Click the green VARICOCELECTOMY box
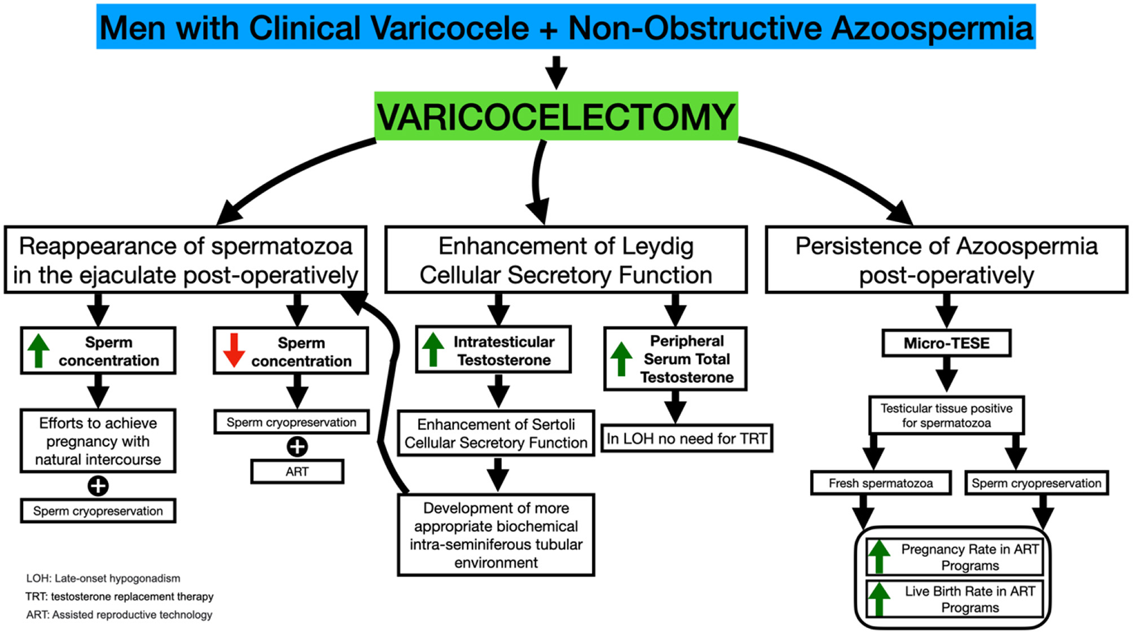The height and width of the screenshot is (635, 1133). pyautogui.click(x=556, y=116)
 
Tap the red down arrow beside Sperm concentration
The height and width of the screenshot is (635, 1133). pyautogui.click(x=233, y=350)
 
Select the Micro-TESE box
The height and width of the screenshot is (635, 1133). pyautogui.click(x=946, y=343)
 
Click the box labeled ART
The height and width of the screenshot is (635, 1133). pyautogui.click(x=297, y=472)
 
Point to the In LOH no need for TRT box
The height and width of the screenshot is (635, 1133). pyautogui.click(x=687, y=439)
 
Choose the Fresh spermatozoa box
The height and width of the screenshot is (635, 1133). pyautogui.click(x=880, y=483)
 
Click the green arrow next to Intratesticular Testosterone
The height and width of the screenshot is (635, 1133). pyautogui.click(x=433, y=349)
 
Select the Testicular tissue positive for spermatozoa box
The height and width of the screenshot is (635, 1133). pyautogui.click(x=946, y=416)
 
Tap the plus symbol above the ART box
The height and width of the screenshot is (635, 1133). pyautogui.click(x=297, y=446)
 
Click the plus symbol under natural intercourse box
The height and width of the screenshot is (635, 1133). pyautogui.click(x=98, y=486)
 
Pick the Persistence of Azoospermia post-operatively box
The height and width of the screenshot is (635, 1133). pyautogui.click(x=946, y=260)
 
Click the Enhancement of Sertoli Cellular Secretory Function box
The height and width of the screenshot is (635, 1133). pyautogui.click(x=496, y=434)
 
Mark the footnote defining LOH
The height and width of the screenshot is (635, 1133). pyautogui.click(x=103, y=578)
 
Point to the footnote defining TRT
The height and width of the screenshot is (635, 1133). pyautogui.click(x=120, y=597)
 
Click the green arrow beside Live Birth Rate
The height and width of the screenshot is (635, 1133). pyautogui.click(x=879, y=599)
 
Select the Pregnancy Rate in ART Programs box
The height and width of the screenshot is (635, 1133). pyautogui.click(x=954, y=557)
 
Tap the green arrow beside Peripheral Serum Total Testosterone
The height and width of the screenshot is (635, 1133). pyautogui.click(x=621, y=359)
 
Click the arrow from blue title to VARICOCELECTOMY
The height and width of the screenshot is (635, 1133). pyautogui.click(x=556, y=72)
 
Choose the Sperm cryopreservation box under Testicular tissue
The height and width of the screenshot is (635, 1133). pyautogui.click(x=1036, y=483)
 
